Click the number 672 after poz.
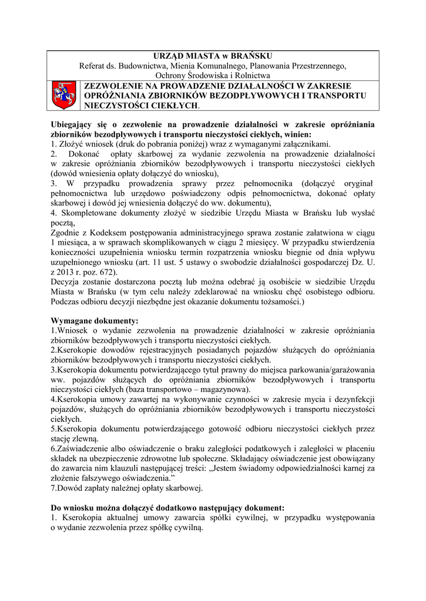pyautogui.click(x=105, y=272)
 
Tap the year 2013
pyautogui.click(x=69, y=272)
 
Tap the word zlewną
pyautogui.click(x=85, y=438)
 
